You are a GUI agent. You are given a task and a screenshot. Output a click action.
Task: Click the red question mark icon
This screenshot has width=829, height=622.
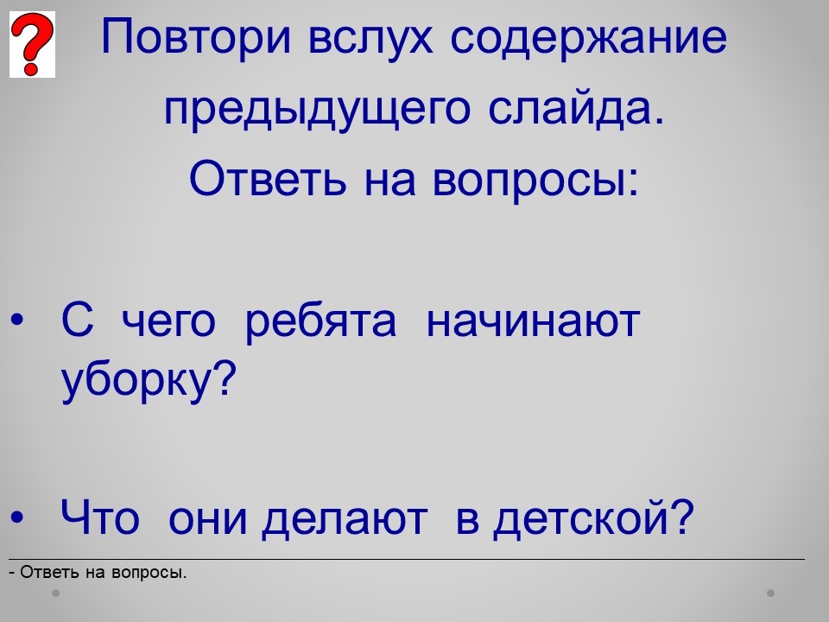point(32,44)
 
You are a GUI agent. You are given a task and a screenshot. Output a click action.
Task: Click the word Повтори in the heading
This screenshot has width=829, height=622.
point(196,37)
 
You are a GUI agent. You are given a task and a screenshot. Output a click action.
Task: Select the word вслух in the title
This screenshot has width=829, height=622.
point(370,37)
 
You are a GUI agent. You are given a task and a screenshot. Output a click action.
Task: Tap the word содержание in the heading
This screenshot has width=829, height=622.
point(588,38)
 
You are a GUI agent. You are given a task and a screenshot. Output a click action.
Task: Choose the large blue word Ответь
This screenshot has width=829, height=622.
point(268,178)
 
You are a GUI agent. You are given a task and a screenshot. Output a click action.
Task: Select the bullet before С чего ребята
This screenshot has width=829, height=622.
point(17,320)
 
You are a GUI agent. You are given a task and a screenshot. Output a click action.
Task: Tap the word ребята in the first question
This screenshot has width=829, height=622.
point(320,322)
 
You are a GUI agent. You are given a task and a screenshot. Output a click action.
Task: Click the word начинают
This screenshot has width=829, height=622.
point(533,322)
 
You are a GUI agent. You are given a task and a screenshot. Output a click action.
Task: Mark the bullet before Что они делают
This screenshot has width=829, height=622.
point(17,517)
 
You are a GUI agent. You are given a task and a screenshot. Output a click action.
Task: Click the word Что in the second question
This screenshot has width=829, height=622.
point(100,517)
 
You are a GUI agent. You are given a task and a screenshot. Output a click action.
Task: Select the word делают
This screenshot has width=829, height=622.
point(345,519)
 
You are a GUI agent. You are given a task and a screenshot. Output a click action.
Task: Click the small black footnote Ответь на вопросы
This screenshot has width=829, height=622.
point(98,572)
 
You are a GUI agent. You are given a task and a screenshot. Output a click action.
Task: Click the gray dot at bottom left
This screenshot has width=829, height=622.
point(55,593)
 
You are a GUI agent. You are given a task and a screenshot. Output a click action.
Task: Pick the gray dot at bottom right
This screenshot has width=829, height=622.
point(771,593)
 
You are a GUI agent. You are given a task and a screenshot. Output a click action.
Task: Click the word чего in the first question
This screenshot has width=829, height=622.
point(168,322)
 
